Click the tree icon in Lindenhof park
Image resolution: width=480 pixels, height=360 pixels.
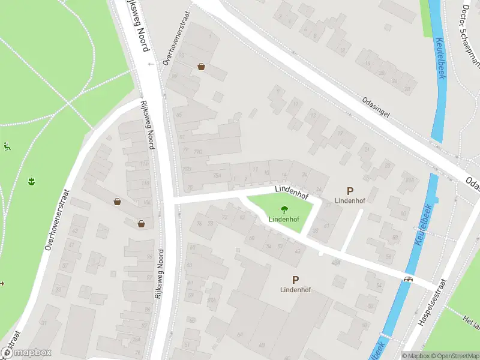pyautogui.click(x=283, y=209)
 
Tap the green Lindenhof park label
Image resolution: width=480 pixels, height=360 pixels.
pyautogui.click(x=284, y=219)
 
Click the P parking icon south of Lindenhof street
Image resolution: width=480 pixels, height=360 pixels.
pyautogui.click(x=295, y=280)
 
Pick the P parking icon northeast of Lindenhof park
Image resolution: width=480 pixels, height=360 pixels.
pyautogui.click(x=350, y=190)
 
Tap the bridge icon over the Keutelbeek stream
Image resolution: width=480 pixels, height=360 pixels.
pyautogui.click(x=409, y=278)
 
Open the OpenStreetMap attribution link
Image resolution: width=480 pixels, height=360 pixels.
pyautogui.click(x=455, y=355)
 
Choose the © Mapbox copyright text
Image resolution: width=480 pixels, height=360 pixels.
pyautogui.click(x=417, y=355)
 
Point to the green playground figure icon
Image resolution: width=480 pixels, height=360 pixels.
pyautogui.click(x=7, y=146)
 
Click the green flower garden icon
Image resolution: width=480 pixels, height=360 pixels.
pyautogui.click(x=31, y=180)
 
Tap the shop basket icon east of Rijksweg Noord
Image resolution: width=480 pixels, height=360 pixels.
pyautogui.click(x=201, y=67)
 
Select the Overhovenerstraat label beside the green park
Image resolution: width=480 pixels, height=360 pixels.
pyautogui.click(x=58, y=220)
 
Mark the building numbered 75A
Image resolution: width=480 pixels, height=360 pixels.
pyautogui.click(x=216, y=175)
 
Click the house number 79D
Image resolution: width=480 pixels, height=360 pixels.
pyautogui.click(x=198, y=151)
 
